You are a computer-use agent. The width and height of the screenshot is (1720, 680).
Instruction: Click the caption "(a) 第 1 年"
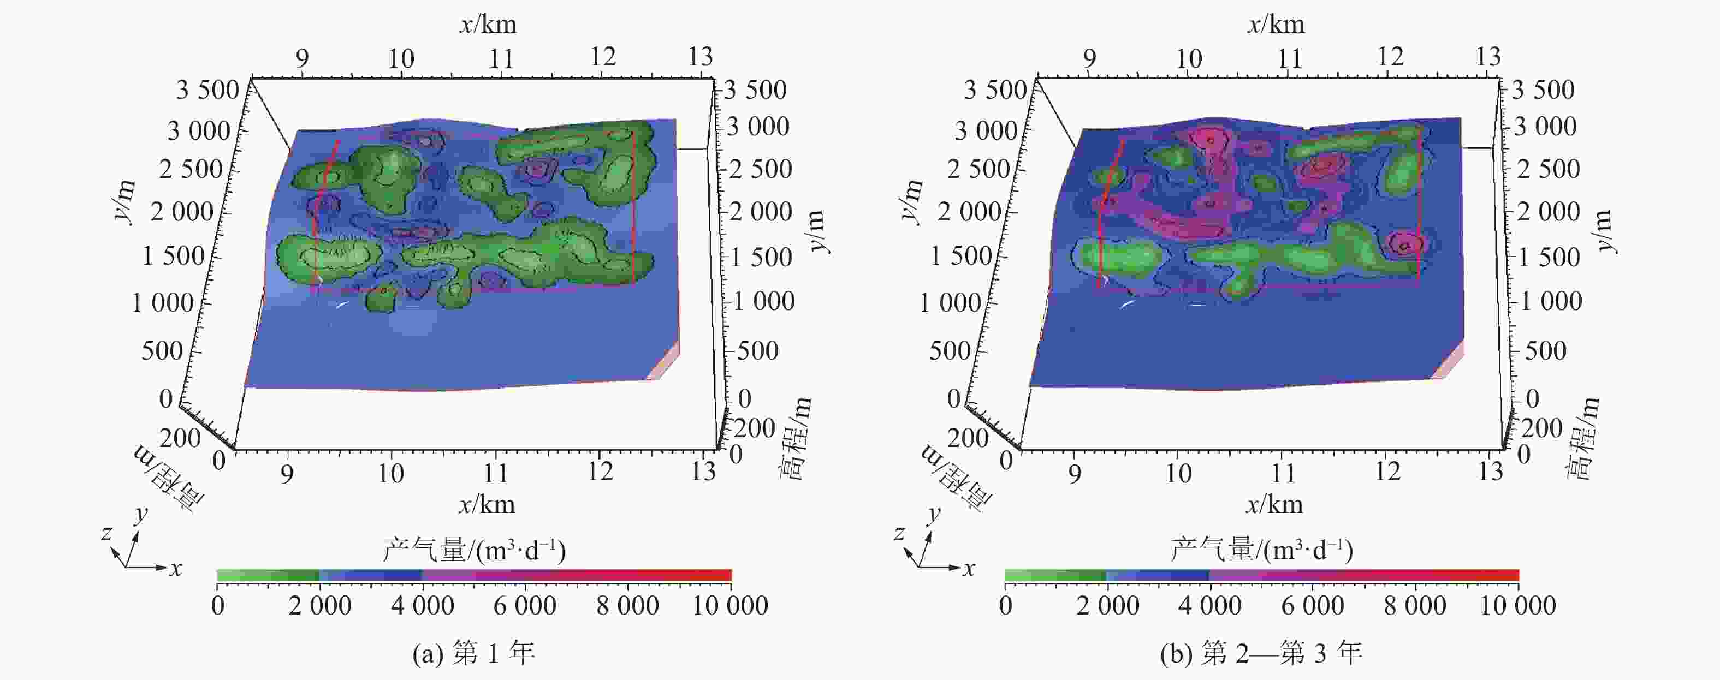473,653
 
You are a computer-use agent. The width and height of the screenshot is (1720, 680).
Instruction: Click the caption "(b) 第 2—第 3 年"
1261,653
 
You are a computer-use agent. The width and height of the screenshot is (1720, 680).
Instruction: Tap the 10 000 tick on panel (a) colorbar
730,606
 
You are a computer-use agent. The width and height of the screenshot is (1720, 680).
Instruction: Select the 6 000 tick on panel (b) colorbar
1312,606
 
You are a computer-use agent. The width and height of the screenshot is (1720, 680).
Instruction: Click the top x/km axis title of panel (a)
488,25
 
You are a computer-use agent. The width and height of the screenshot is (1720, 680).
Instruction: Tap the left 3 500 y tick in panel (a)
207,90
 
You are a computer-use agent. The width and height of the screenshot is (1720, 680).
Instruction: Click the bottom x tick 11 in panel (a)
495,473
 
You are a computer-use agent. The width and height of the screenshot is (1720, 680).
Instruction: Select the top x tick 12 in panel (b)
1390,57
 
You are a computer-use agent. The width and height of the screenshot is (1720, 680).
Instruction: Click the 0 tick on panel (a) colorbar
218,606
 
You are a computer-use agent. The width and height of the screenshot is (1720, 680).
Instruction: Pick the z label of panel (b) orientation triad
899,533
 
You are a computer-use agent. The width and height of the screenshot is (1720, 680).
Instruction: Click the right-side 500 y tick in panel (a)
758,351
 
